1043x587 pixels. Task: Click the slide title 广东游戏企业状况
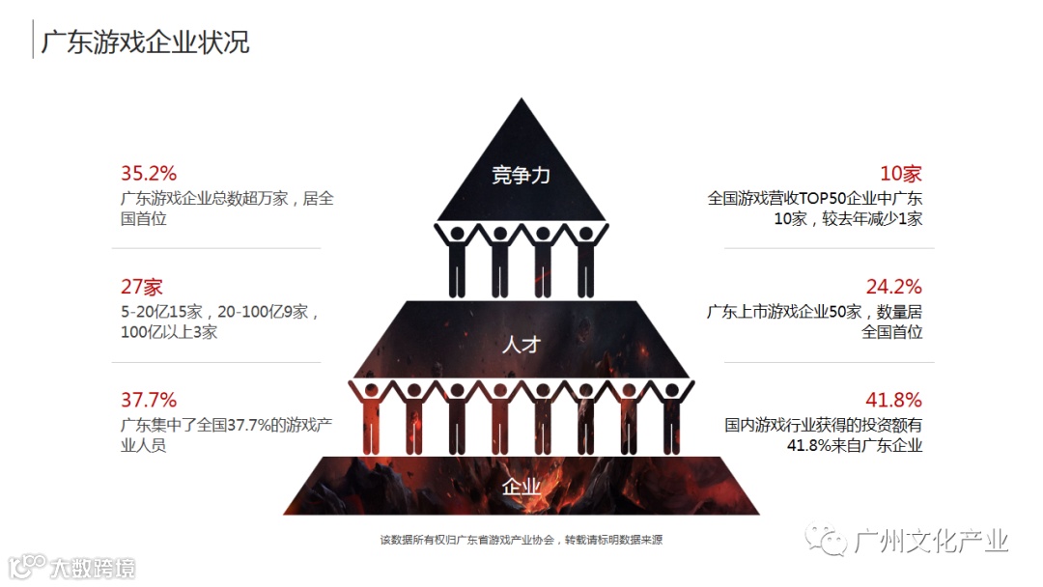[145, 42]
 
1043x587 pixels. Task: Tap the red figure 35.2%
[148, 174]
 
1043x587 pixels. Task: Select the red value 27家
[141, 287]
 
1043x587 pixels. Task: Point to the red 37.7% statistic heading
[148, 400]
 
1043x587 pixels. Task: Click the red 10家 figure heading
[900, 174]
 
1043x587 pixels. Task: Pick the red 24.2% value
[893, 287]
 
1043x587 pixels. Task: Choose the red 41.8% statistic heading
[893, 400]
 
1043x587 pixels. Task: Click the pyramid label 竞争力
[521, 175]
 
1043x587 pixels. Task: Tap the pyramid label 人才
[521, 344]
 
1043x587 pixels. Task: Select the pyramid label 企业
[521, 487]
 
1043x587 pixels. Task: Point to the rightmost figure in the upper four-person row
[585, 259]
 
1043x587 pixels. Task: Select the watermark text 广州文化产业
[932, 541]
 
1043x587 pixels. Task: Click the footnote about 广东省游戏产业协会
[521, 540]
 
